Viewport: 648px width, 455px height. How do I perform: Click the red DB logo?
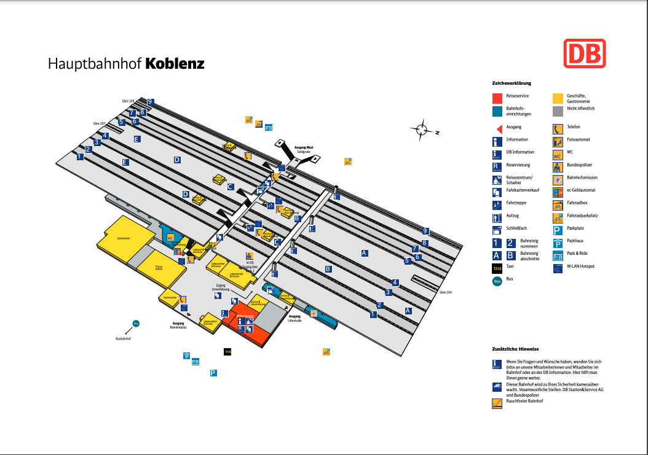coord(585,53)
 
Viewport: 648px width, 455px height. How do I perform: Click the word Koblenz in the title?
coord(175,64)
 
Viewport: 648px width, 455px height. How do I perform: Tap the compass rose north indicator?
coord(422,129)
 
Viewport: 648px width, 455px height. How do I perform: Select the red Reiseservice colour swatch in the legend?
coord(497,98)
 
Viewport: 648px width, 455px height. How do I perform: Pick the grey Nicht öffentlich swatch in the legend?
coord(558,111)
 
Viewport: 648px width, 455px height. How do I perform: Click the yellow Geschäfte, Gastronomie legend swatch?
coord(558,98)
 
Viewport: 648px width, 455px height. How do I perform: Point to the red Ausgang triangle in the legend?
coord(497,127)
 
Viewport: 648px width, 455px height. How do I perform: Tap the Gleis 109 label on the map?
coord(127,100)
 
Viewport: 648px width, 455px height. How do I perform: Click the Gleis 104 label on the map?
coord(446,292)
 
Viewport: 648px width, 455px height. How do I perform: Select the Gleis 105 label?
coord(99,123)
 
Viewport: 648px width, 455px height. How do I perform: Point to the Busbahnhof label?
coord(124,338)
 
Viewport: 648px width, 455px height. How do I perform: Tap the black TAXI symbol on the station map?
coord(227,352)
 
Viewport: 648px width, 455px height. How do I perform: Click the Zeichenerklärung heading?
coord(511,83)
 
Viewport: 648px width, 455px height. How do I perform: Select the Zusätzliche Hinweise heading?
coord(515,348)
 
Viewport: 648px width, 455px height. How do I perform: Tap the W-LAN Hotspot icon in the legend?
coord(558,267)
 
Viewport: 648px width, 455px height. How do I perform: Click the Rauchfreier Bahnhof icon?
coord(497,403)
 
